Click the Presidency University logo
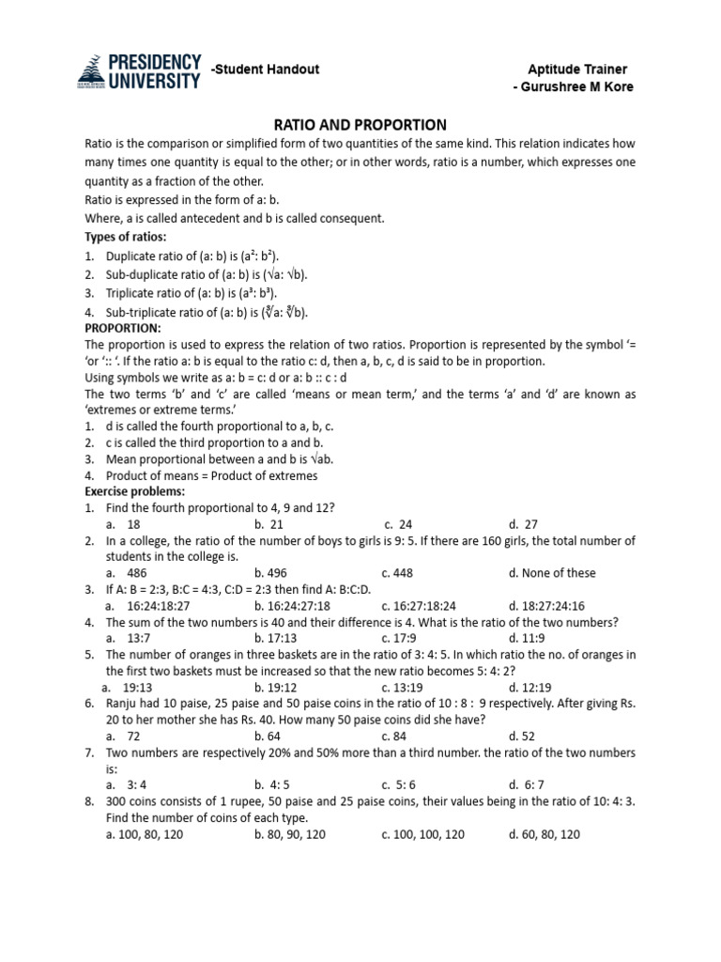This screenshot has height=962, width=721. point(138,70)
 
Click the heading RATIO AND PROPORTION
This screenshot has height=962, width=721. point(360,124)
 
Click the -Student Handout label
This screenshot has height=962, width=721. point(266,70)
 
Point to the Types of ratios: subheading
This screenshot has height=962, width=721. point(125,236)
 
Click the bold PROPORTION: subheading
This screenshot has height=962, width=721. point(123,328)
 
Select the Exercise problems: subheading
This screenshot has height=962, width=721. point(135,491)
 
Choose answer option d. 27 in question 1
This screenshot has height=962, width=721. point(523,524)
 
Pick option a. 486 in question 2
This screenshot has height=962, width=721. point(127,573)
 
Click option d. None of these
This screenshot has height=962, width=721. point(551,573)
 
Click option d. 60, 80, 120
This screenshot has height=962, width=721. point(544,834)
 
